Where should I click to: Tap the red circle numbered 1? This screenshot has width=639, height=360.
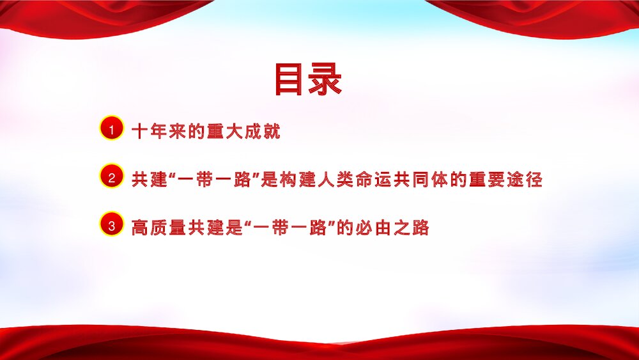112,129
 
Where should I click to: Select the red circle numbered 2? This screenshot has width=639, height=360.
112,178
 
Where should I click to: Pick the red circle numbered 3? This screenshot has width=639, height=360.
112,225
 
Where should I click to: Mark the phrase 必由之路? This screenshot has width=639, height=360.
396,228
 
